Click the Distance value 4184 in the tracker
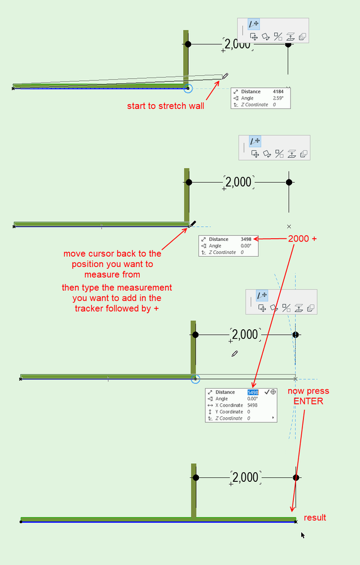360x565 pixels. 278,91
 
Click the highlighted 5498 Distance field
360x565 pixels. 253,392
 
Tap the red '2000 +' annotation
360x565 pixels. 302,239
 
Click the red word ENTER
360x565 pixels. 308,401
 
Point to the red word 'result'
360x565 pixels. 315,517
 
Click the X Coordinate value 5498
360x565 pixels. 253,405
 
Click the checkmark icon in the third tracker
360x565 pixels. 267,391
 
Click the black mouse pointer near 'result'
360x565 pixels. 303,534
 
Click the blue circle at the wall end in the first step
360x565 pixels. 188,88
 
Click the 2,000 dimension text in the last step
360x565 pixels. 245,477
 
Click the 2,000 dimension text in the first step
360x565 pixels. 237,44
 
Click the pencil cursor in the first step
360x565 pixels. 225,75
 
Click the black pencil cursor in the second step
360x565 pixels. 193,224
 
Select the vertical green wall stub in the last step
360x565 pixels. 193,490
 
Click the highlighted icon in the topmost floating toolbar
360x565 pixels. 254,24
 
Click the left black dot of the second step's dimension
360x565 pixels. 189,182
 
